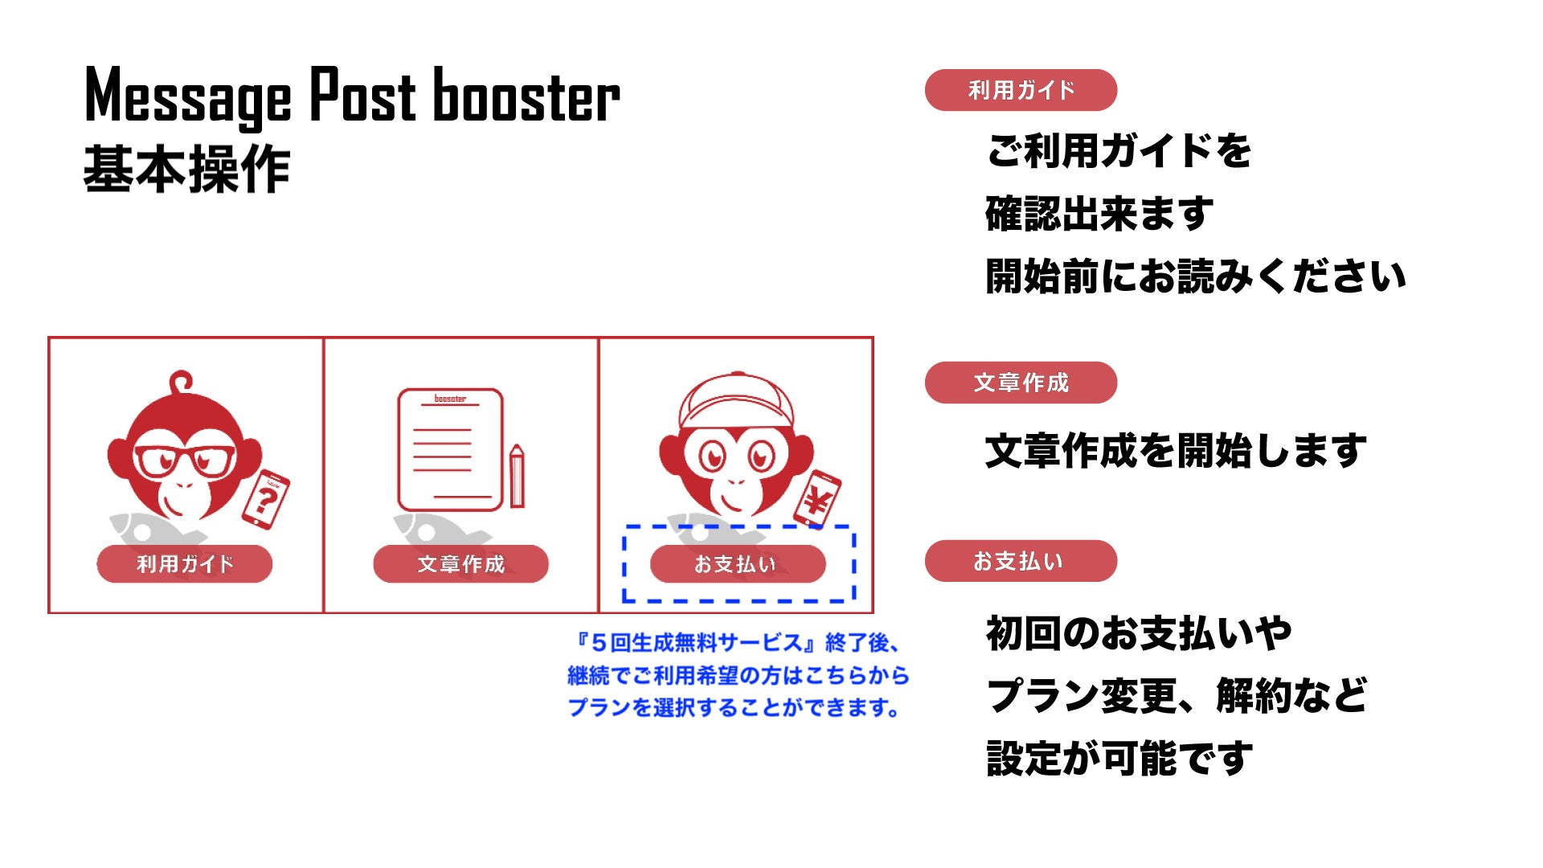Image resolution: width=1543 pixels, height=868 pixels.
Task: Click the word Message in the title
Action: (x=187, y=96)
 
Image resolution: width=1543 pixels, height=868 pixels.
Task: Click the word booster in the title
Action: (x=526, y=96)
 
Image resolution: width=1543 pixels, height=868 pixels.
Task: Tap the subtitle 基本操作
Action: (x=186, y=170)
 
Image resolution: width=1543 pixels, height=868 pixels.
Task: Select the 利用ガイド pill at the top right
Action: (x=1021, y=90)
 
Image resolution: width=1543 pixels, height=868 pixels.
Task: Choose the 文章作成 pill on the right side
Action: (x=1021, y=383)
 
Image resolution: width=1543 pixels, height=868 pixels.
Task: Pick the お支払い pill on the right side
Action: (x=1021, y=561)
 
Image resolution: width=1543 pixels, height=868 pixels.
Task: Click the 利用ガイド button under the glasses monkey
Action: (x=184, y=563)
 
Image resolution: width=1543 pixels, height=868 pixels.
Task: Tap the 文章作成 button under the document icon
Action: (x=460, y=563)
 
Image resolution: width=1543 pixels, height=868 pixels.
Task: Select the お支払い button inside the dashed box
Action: (x=737, y=563)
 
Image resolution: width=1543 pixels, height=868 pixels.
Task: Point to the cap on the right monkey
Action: (x=736, y=399)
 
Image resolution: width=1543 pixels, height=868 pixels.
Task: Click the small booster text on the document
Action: (x=450, y=399)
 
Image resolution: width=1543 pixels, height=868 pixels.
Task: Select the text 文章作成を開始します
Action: (x=1176, y=451)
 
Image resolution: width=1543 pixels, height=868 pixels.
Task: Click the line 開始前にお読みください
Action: (x=1195, y=276)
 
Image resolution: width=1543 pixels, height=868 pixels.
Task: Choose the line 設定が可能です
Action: (x=1119, y=759)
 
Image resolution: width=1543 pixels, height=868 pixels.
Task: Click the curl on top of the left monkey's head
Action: (x=182, y=381)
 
